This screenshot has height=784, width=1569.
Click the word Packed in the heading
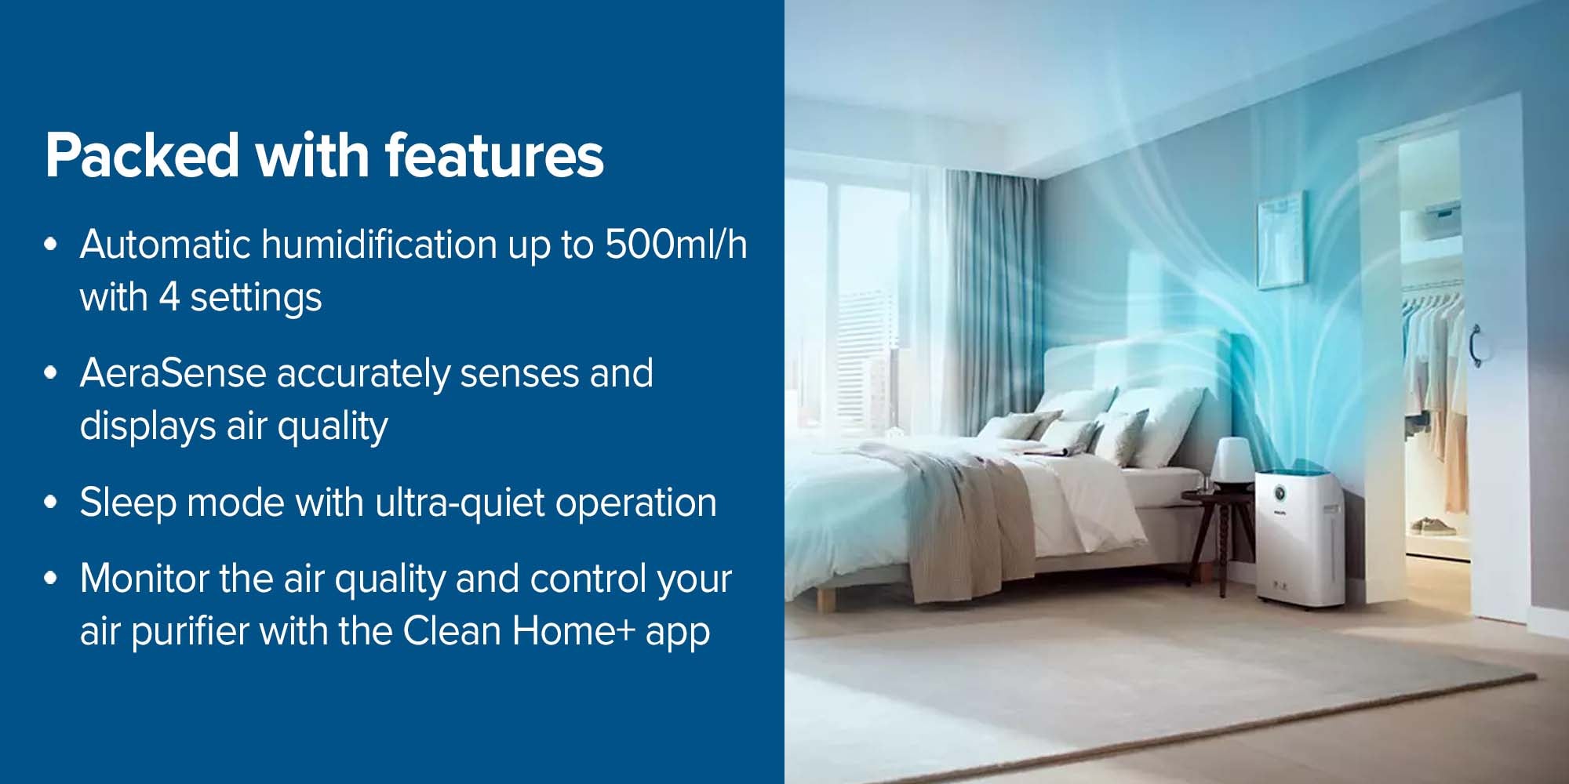(x=142, y=154)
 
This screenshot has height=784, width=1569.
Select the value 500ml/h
(x=675, y=244)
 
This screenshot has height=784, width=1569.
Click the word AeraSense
(x=173, y=372)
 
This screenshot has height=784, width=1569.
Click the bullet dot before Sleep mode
(x=51, y=503)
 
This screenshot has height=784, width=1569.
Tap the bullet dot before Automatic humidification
(x=51, y=245)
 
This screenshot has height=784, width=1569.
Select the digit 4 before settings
(x=169, y=297)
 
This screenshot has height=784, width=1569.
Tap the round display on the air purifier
(x=1280, y=493)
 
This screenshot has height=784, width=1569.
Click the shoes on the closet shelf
(x=1432, y=525)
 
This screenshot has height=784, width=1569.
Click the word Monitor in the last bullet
(x=145, y=579)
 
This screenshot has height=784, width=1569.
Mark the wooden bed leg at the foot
(x=825, y=598)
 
